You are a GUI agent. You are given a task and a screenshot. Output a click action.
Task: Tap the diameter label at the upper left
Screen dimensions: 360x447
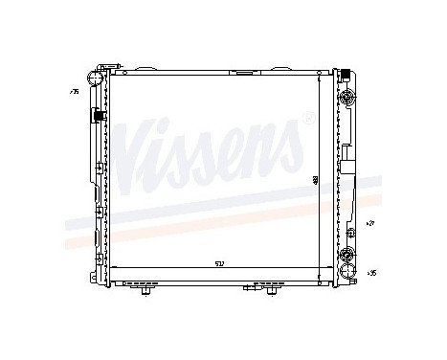[x=73, y=92]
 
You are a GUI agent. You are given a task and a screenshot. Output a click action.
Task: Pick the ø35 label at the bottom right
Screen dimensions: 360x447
[x=371, y=273]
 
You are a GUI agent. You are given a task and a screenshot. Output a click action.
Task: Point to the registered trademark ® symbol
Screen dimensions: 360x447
[x=306, y=119]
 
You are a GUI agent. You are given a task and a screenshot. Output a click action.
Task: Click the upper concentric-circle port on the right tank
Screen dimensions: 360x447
[x=346, y=99]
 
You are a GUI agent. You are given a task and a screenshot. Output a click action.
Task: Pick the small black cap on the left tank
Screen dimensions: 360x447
[x=97, y=117]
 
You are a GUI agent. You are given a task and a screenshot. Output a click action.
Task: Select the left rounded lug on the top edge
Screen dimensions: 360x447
[x=146, y=69]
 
